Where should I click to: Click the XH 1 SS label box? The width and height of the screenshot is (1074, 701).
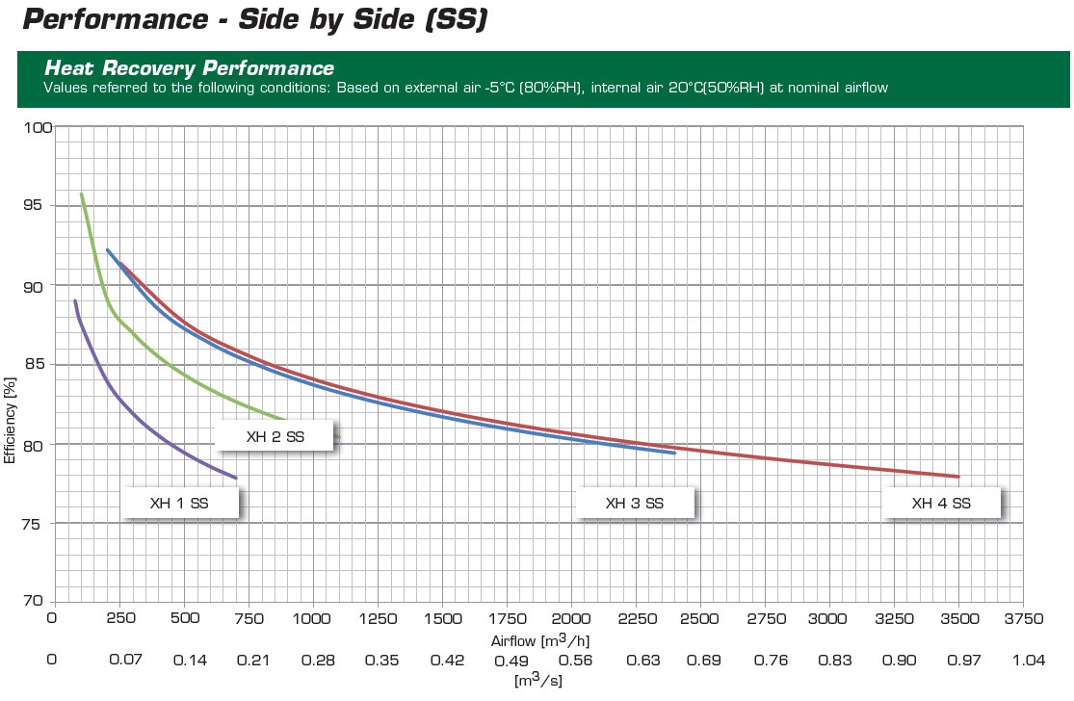179,503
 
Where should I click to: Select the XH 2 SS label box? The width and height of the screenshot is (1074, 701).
275,436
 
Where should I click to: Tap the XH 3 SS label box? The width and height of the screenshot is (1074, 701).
634,503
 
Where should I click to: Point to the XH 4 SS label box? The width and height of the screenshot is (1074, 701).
941,503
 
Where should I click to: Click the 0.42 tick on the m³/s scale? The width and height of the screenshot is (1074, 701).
447,661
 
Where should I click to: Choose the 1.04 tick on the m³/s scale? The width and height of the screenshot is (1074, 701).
1029,661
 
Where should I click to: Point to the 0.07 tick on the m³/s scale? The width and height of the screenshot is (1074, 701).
125,661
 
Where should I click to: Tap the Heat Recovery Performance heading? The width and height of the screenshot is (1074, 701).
189,68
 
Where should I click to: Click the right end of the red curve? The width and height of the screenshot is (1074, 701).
958,477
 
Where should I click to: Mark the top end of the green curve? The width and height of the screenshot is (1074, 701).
82,195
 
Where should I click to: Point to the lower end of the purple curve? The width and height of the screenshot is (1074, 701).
235,478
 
